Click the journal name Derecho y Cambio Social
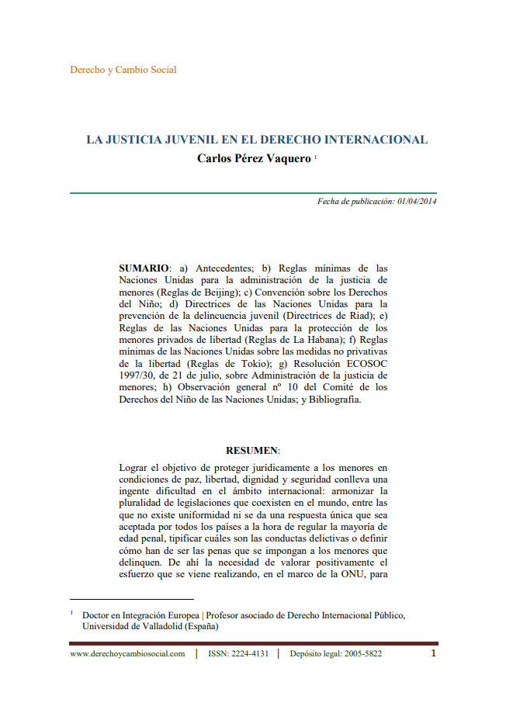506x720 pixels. tap(123, 70)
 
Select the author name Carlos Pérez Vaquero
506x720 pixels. tap(255, 157)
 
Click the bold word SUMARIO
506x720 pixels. tap(144, 268)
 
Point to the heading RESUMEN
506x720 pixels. tap(252, 451)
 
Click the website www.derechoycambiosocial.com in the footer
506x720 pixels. tap(127, 653)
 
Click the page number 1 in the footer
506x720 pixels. tap(434, 652)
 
